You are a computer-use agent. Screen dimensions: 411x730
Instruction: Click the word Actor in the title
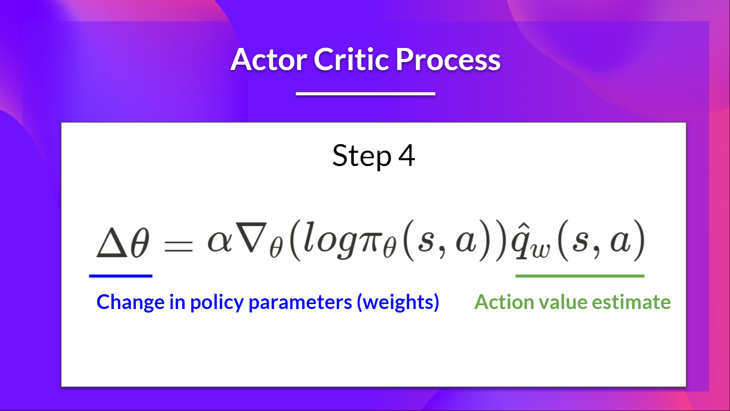pos(268,60)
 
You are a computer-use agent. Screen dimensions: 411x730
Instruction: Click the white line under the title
pos(365,94)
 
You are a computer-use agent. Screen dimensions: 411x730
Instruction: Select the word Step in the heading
pos(362,156)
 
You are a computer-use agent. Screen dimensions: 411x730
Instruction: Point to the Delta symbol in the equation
pos(111,243)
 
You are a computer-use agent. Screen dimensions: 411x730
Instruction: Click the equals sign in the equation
pos(178,245)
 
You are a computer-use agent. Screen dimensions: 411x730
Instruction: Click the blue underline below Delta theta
pos(121,276)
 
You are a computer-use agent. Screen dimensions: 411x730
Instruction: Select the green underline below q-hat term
pos(579,276)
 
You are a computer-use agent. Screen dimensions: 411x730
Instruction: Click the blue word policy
pos(217,303)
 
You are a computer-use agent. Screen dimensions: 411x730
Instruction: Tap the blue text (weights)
pos(398,303)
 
